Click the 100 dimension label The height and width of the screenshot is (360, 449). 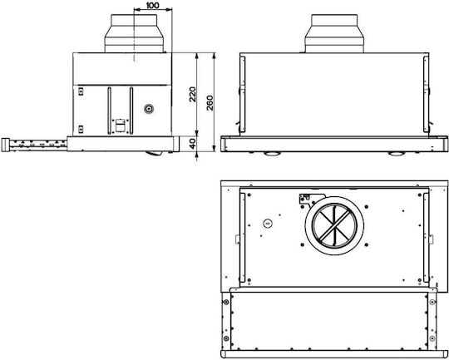(153, 5)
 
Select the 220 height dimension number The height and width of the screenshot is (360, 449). (193, 94)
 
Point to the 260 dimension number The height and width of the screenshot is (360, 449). (210, 103)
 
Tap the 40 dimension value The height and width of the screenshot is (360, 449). (194, 144)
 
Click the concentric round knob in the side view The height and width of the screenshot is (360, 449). (149, 109)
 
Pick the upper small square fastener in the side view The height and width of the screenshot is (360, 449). (81, 91)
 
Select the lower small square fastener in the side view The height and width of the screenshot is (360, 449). (81, 129)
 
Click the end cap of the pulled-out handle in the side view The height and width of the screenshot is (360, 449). (6, 145)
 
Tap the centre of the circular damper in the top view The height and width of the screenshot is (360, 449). (334, 225)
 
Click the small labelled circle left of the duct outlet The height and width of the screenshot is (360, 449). (268, 223)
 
